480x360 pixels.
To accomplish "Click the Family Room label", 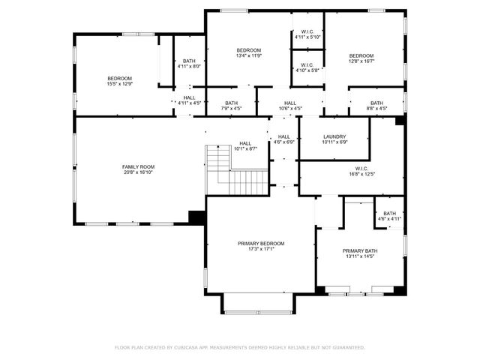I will (138, 166).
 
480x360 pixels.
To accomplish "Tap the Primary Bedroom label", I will (261, 244).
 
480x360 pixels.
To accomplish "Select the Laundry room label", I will (334, 136).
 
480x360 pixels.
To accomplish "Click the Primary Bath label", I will (360, 251).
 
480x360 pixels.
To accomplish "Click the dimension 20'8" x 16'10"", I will (138, 172).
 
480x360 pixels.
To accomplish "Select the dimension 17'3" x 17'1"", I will (261, 250).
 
